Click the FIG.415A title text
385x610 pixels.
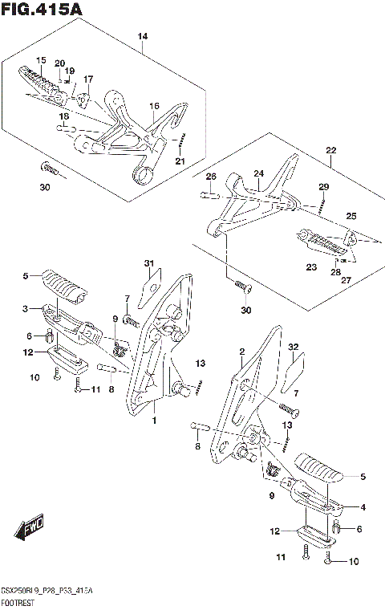point(42,9)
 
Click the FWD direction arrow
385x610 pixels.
point(29,527)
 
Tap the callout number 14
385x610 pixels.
point(143,37)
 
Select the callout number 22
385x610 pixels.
point(331,150)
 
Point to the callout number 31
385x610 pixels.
point(149,263)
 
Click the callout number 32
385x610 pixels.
point(294,347)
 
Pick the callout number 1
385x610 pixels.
point(154,421)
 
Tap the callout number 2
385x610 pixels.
point(242,352)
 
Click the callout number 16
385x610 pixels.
point(154,106)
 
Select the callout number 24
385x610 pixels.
point(258,173)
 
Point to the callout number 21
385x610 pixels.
point(180,161)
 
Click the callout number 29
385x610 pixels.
point(324,187)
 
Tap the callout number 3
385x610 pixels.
point(26,309)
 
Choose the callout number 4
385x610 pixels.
point(363,507)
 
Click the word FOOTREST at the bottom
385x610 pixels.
point(18,603)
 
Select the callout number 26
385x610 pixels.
point(211,177)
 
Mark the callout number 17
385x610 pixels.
point(88,79)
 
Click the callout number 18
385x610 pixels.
point(64,116)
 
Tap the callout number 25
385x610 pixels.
point(351,216)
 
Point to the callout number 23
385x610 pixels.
point(311,267)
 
